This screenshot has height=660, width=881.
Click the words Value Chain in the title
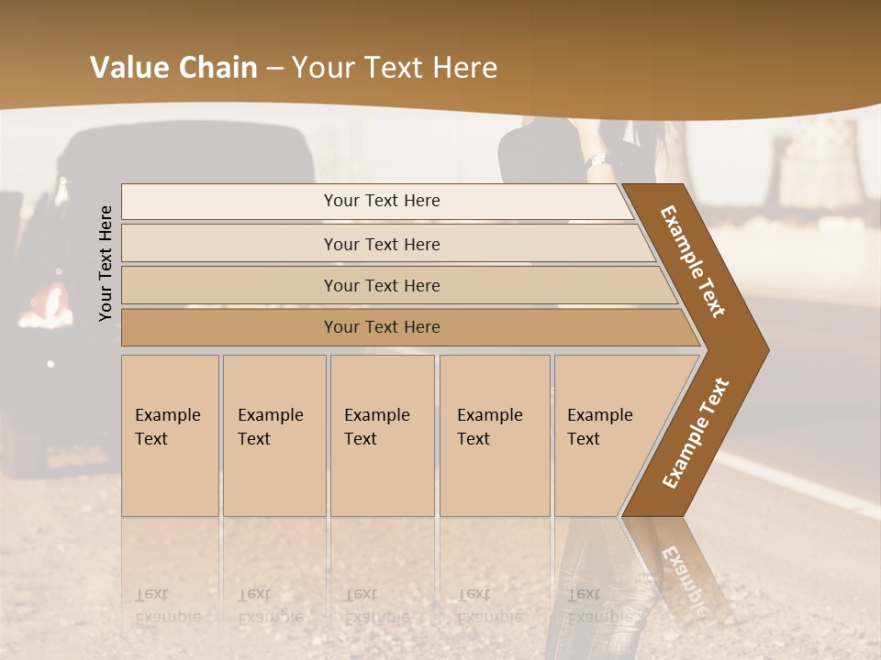(173, 68)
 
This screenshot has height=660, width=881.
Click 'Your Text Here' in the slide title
(395, 68)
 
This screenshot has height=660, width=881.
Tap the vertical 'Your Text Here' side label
(106, 263)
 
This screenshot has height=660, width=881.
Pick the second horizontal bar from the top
(382, 244)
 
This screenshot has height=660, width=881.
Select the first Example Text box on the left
(170, 435)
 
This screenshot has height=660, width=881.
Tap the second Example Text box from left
(273, 435)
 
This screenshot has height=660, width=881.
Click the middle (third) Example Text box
(382, 435)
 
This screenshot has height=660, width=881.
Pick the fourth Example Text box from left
(495, 435)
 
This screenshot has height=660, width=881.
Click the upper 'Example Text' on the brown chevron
(693, 260)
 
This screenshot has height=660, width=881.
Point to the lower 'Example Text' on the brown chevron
(696, 434)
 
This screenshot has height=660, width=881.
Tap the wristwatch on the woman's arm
(597, 160)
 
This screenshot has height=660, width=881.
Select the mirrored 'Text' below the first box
(151, 593)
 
